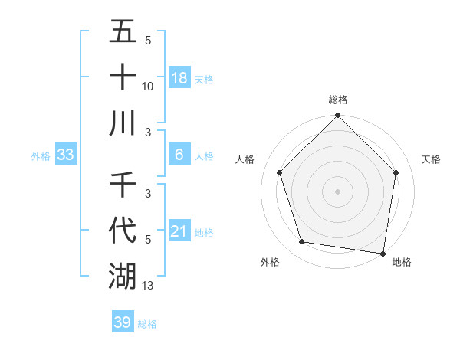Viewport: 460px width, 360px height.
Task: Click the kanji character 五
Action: coord(123,33)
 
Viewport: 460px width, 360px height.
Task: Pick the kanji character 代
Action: coord(123,231)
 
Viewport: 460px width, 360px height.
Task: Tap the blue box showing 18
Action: coord(179,78)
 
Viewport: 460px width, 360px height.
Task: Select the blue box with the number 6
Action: coord(179,155)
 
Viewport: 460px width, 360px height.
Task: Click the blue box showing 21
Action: coord(179,231)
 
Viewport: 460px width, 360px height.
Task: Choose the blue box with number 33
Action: coord(66,155)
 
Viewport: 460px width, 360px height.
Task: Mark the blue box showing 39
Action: coord(122,322)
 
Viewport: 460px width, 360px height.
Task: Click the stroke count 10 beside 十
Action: coord(148,87)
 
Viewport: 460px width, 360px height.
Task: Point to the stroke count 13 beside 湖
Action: coord(148,285)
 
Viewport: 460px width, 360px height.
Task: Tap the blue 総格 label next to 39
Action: coord(147,324)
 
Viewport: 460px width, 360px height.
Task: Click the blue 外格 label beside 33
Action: coord(41,155)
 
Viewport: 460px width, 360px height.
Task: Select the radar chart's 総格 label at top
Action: coord(337,100)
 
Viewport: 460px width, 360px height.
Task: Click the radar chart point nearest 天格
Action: coord(396,173)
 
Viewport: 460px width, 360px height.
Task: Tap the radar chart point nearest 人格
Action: coord(279,172)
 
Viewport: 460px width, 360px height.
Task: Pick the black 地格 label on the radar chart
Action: coord(402,263)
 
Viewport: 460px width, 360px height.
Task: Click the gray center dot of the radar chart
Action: coord(337,191)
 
